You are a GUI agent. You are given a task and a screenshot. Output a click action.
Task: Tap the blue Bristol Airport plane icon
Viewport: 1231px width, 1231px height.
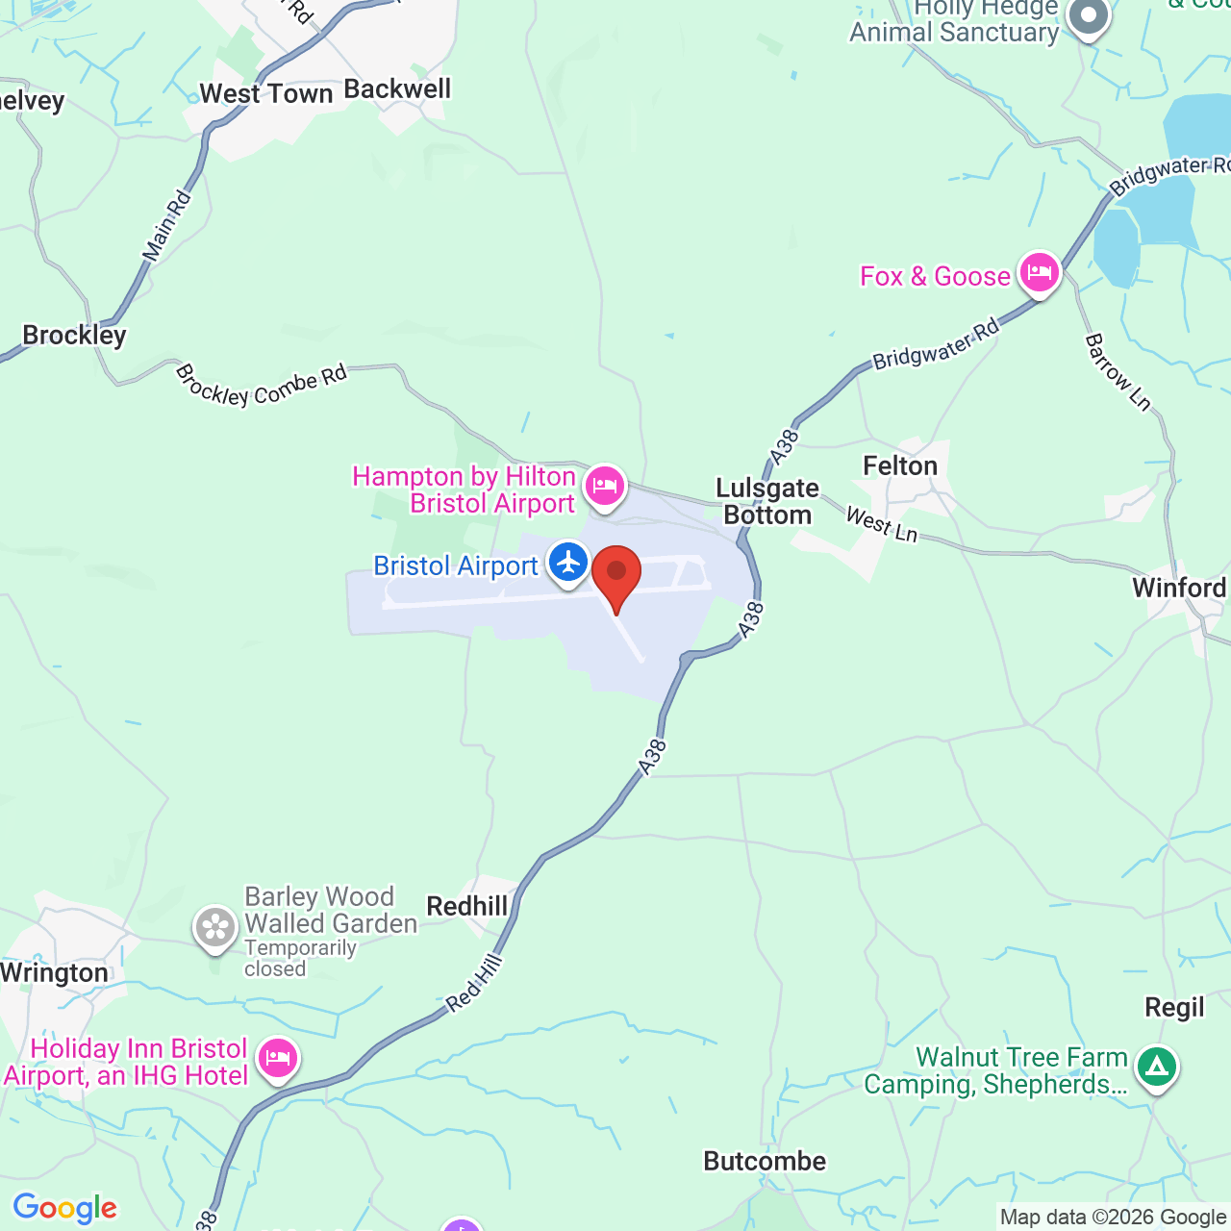coord(568,562)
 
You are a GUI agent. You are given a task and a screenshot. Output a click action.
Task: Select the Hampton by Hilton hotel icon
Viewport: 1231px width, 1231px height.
coord(604,487)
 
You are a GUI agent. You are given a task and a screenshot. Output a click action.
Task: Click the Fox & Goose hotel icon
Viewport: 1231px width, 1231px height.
coord(1039,273)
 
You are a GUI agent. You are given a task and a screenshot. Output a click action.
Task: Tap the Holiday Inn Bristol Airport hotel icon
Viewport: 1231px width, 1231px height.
coord(278,1060)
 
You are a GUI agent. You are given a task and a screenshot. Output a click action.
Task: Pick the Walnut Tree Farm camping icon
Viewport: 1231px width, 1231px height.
coord(1156,1068)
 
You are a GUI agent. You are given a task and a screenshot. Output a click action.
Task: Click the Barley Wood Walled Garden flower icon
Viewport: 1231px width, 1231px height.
coord(215,928)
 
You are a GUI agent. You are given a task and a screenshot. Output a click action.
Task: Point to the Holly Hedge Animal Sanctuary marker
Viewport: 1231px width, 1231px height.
coord(1089,17)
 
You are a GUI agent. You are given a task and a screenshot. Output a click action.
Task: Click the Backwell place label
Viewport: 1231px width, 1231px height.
coord(397,89)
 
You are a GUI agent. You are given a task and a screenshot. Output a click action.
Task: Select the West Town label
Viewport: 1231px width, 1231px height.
coord(265,94)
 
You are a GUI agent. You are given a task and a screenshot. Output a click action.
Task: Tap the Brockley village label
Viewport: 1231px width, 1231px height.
coord(74,336)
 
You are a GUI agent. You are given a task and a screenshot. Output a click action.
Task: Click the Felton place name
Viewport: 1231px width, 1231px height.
coord(899,466)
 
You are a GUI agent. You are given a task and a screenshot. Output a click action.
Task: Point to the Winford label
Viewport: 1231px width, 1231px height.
coord(1179,588)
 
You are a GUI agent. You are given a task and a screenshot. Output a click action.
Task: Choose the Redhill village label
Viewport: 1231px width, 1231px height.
coord(466,907)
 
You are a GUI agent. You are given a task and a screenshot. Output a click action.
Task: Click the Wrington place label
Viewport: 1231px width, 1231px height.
coord(54,973)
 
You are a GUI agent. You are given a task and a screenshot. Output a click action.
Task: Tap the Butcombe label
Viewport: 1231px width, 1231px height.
coord(765,1162)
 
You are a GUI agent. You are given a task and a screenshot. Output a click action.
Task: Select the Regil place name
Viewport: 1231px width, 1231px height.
coord(1174,1008)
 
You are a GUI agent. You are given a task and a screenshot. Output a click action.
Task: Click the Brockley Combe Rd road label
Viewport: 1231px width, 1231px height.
coord(261,386)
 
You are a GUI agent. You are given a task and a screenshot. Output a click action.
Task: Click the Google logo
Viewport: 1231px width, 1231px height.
coord(64,1208)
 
